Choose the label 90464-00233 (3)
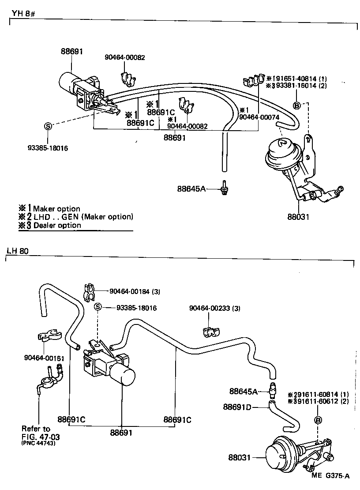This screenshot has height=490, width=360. (x=215, y=308)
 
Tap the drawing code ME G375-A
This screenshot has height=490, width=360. (x=330, y=475)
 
